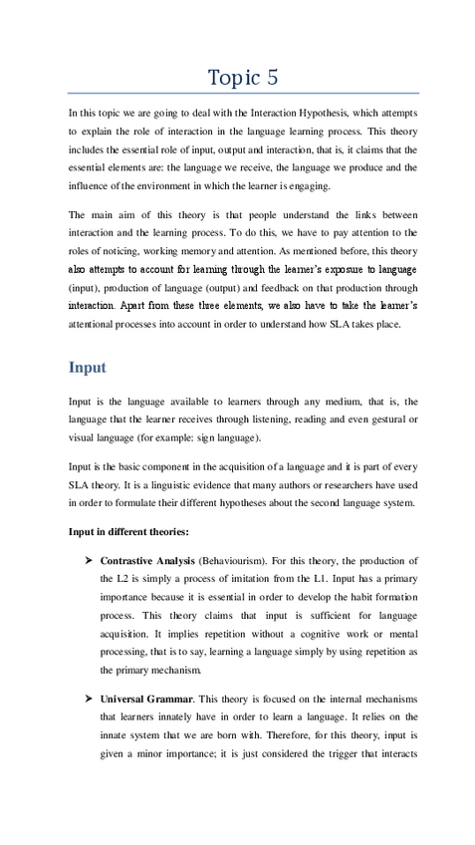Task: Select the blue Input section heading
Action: pyautogui.click(x=88, y=367)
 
